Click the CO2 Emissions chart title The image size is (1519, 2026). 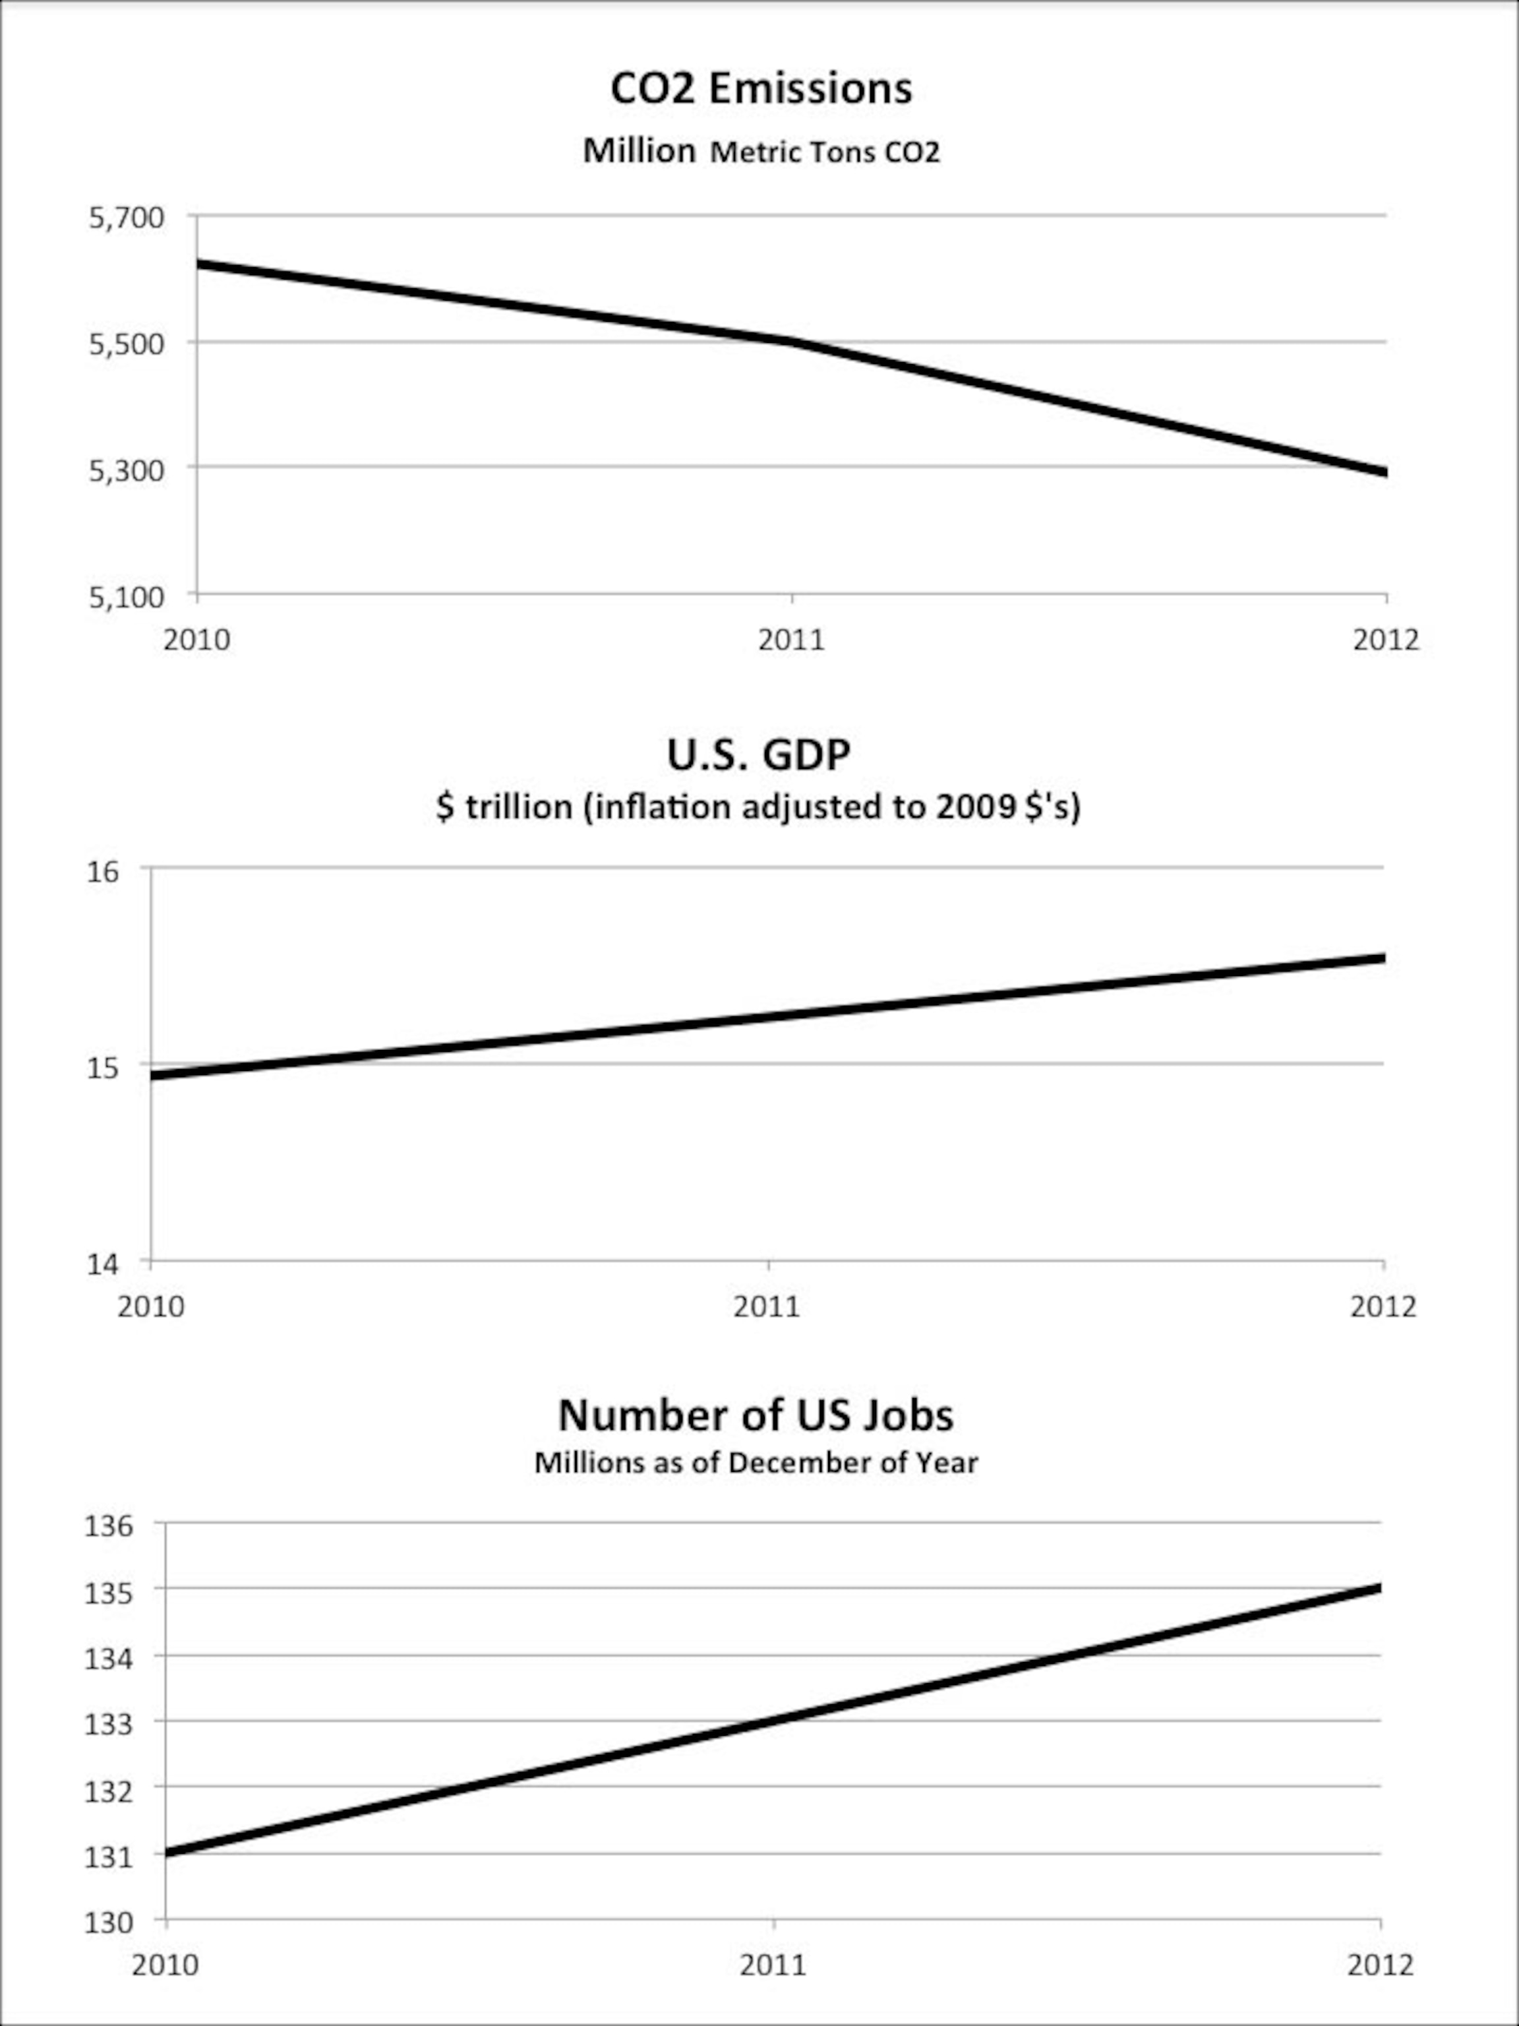click(761, 89)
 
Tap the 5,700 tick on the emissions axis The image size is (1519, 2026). click(127, 218)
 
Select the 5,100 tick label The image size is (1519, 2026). click(127, 597)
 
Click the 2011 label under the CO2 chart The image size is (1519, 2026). click(791, 639)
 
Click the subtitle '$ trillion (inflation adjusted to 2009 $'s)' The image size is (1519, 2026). click(758, 807)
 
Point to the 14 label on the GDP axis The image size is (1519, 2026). click(104, 1264)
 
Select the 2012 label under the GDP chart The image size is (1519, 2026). click(1383, 1306)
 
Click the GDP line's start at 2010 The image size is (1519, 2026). click(153, 1074)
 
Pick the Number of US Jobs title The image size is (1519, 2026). click(756, 1415)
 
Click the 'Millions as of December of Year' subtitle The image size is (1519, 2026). click(756, 1463)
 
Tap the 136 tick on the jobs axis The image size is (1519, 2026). click(110, 1526)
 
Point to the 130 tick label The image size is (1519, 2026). click(110, 1922)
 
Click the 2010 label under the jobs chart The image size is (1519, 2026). click(165, 1965)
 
